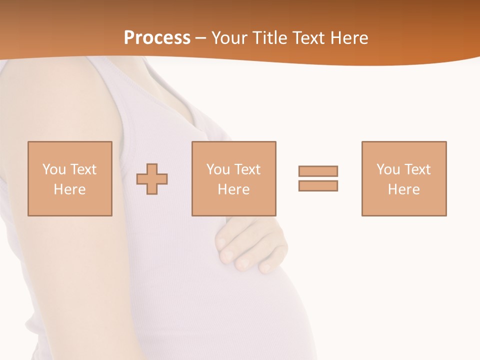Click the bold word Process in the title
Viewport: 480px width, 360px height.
[x=157, y=37]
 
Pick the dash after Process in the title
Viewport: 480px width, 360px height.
[x=201, y=38]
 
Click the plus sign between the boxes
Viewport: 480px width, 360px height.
[x=152, y=178]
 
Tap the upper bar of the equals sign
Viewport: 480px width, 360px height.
[x=318, y=171]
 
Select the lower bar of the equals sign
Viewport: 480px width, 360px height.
[x=318, y=185]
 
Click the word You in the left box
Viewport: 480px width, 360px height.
[x=54, y=169]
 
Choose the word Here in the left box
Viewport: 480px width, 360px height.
[x=69, y=189]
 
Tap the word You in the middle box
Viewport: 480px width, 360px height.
[x=218, y=169]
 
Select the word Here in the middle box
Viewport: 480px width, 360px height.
[x=233, y=189]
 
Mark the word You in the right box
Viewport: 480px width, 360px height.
[x=388, y=169]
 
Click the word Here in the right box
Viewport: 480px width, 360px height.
[x=403, y=189]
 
